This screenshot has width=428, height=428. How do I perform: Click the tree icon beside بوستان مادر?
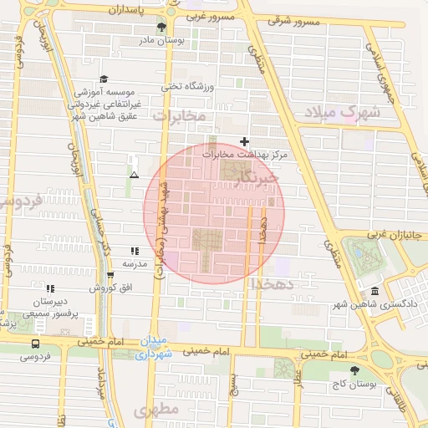click(171, 28)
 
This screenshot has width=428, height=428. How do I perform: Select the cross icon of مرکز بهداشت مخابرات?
click(244, 141)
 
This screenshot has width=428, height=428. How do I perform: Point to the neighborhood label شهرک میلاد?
click(343, 112)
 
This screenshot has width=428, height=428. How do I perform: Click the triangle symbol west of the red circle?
click(134, 175)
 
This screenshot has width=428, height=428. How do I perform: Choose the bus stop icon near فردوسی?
click(35, 344)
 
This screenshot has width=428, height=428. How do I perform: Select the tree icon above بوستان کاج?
click(356, 370)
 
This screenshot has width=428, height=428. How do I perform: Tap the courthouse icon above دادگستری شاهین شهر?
click(373, 292)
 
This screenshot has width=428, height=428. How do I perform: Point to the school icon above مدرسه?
click(135, 250)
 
